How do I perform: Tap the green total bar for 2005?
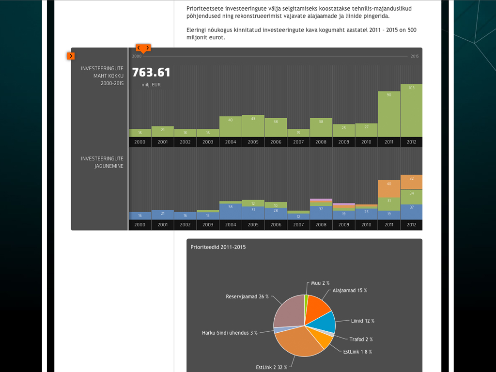tap(253, 126)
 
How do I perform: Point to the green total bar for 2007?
tap(298, 133)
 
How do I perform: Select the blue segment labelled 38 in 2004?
tap(231, 211)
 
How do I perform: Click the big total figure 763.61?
tap(151, 73)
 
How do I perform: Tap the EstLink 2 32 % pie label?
tap(272, 367)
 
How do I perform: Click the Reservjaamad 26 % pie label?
tap(247, 296)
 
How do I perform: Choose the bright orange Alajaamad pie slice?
tap(317, 305)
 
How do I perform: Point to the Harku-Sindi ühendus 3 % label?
tap(230, 333)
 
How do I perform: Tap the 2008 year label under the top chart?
tap(321, 142)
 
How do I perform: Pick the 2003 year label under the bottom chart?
tap(208, 225)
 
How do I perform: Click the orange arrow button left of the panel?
tap(71, 56)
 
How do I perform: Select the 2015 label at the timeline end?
tap(415, 56)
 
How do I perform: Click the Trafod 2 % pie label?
tap(361, 339)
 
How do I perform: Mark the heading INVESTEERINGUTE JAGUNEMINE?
tap(102, 162)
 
